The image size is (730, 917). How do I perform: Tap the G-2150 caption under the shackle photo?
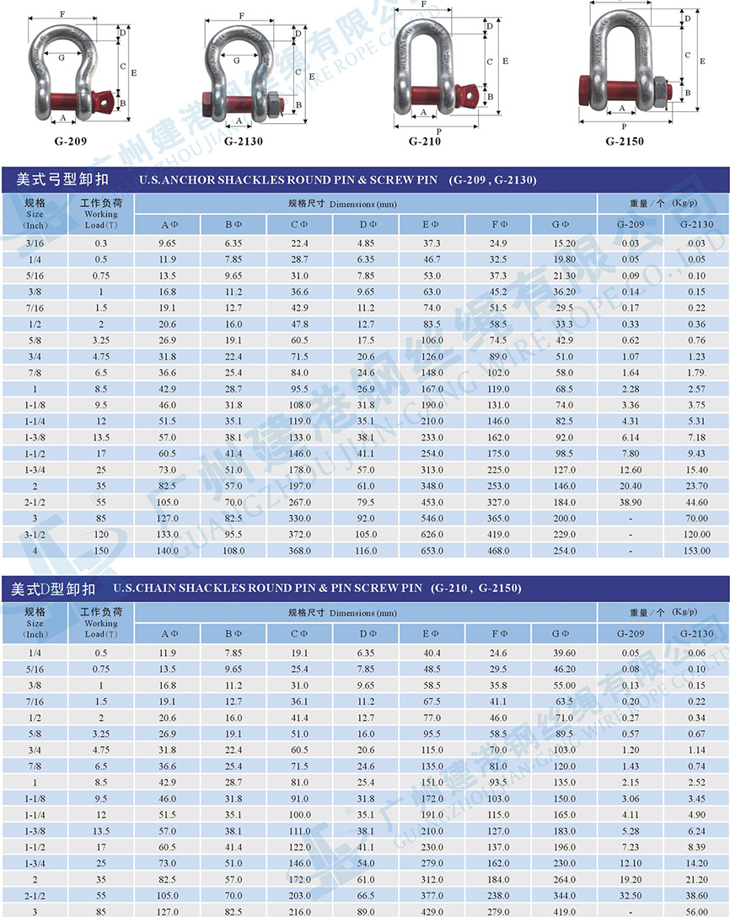[x=624, y=141]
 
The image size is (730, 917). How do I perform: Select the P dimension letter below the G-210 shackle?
[x=439, y=131]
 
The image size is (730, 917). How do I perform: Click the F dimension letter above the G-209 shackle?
[x=62, y=14]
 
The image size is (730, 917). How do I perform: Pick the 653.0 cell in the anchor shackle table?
[x=432, y=551]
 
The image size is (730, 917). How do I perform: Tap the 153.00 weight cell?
[x=697, y=551]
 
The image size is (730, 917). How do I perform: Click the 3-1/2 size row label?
[x=35, y=534]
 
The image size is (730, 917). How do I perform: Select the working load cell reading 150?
[x=101, y=551]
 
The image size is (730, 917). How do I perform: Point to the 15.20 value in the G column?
[x=564, y=243]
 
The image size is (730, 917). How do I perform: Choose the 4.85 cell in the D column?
[x=366, y=243]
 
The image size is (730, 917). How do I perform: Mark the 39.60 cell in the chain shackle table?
[x=564, y=653]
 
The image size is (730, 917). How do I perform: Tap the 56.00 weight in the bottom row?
[x=697, y=910]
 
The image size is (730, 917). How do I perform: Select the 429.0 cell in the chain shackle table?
[x=432, y=910]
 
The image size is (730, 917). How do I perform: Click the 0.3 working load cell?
[x=101, y=243]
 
